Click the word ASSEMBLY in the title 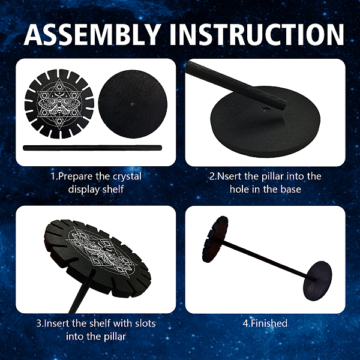tap(92, 35)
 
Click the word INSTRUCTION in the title tap(257, 35)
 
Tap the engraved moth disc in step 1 tap(59, 104)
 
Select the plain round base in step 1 tap(133, 104)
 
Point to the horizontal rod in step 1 tap(92, 148)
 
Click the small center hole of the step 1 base tap(133, 104)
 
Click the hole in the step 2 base tap(265, 110)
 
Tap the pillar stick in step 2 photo tap(236, 85)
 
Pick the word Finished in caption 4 tap(269, 323)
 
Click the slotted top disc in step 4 tap(215, 239)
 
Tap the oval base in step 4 tap(317, 281)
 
